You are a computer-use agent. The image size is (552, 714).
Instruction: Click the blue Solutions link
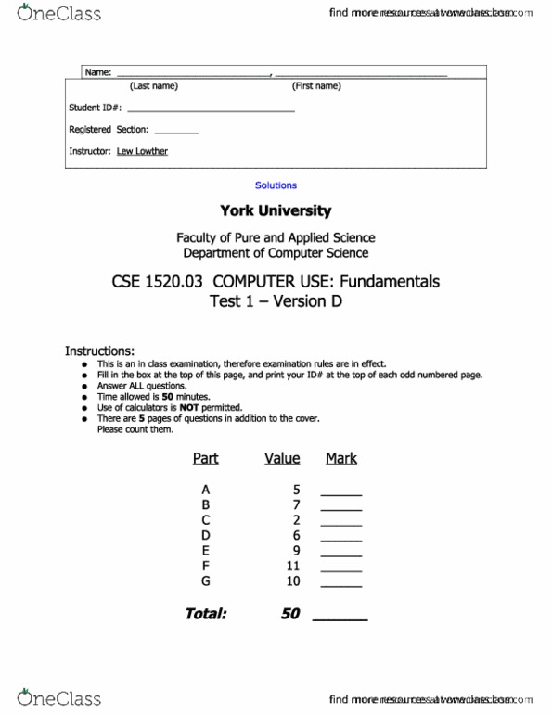pyautogui.click(x=276, y=185)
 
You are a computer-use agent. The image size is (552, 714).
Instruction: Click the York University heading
pyautogui.click(x=275, y=211)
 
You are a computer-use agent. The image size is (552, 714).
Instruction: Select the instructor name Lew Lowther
pyautogui.click(x=142, y=151)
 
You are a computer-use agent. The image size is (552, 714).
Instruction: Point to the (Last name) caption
pyautogui.click(x=154, y=86)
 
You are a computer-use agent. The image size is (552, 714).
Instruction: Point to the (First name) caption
pyautogui.click(x=316, y=86)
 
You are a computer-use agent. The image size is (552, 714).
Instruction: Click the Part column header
pyautogui.click(x=205, y=459)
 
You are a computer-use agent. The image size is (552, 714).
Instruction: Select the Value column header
pyautogui.click(x=282, y=459)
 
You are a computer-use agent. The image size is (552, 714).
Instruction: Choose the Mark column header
pyautogui.click(x=341, y=459)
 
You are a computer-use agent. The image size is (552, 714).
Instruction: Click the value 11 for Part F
pyautogui.click(x=293, y=566)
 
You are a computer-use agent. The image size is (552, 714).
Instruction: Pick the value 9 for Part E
pyautogui.click(x=296, y=550)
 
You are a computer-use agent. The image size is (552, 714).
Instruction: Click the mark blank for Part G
pyautogui.click(x=340, y=584)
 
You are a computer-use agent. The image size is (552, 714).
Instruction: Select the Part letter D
pyautogui.click(x=205, y=535)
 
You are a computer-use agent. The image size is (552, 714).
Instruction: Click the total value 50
pyautogui.click(x=289, y=614)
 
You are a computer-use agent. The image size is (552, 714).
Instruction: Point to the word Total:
pyautogui.click(x=205, y=614)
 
